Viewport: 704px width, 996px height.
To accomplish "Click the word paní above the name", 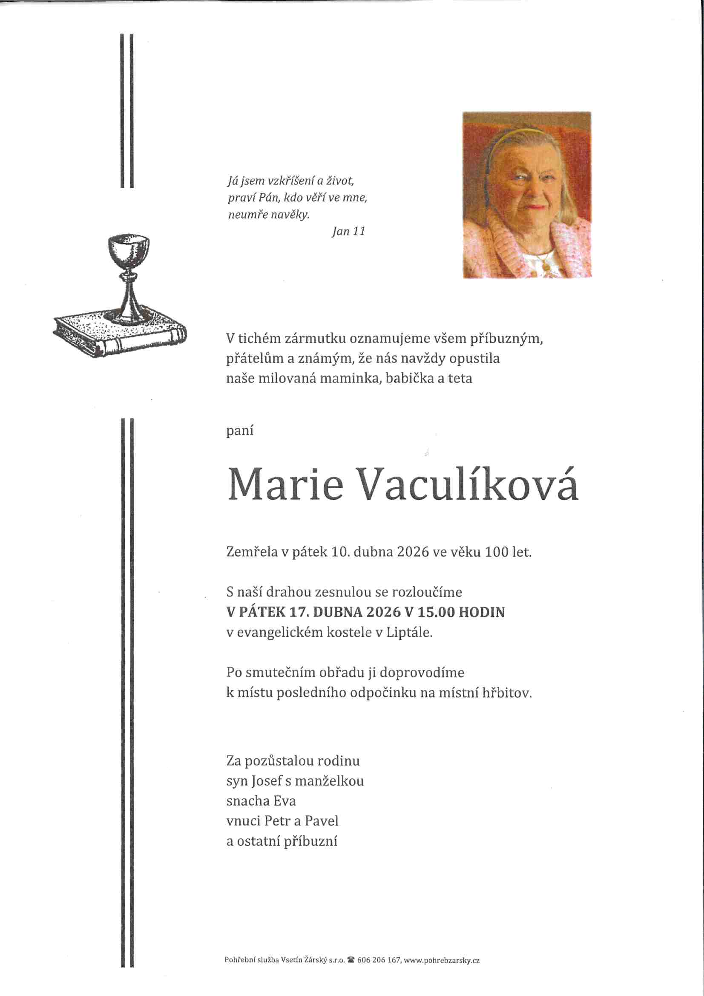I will click(239, 431).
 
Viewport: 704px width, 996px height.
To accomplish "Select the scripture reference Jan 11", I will click(348, 231).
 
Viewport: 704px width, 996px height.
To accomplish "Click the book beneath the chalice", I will click(119, 334).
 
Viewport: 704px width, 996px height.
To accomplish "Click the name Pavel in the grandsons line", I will click(321, 821).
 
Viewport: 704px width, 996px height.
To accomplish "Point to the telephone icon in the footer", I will click(351, 960).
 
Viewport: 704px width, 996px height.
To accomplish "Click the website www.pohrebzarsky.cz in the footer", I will click(442, 960).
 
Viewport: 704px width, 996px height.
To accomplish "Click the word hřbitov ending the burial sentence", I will click(507, 693).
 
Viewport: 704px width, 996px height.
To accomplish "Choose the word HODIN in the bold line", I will click(482, 612).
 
